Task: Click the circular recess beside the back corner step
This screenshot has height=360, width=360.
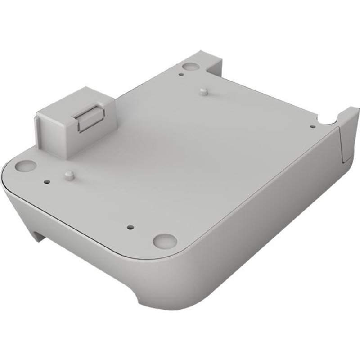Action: click(191, 65)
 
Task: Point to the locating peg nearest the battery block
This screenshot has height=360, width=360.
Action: click(68, 174)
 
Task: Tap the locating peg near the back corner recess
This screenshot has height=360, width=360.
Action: click(203, 92)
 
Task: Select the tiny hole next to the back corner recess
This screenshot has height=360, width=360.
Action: click(180, 73)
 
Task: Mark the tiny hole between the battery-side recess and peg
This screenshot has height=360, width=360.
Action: click(47, 182)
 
